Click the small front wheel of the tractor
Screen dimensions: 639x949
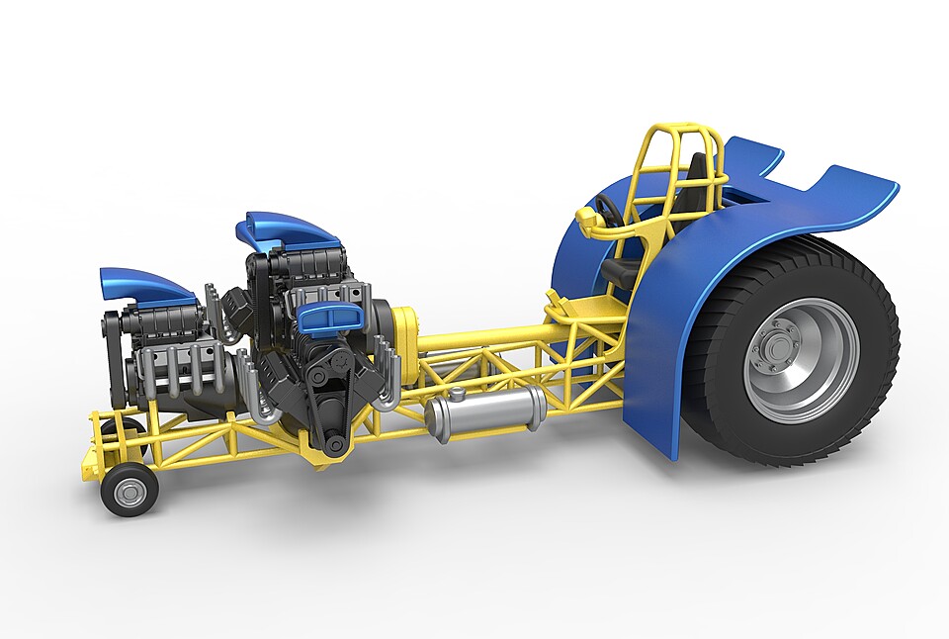[x=129, y=489]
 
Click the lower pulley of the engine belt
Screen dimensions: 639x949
[x=334, y=444]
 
